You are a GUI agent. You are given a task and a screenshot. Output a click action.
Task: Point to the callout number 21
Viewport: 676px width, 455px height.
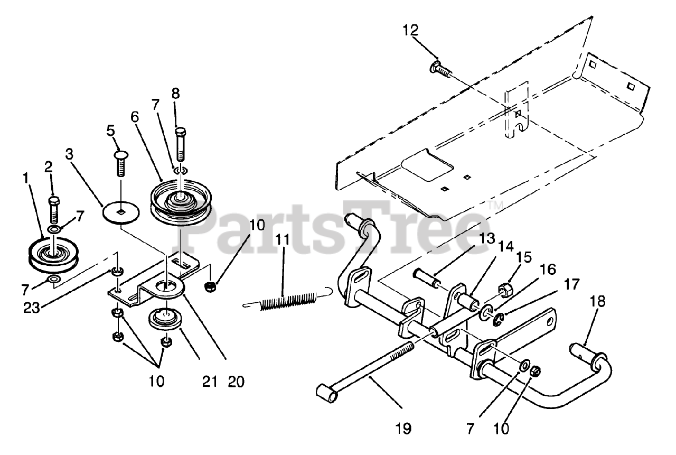210,381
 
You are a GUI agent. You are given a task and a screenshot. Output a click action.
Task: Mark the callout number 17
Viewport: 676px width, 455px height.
571,285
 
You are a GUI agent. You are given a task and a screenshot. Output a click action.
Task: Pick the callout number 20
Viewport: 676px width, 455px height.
237,381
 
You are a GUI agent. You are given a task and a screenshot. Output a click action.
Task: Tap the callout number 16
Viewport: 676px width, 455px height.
547,270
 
